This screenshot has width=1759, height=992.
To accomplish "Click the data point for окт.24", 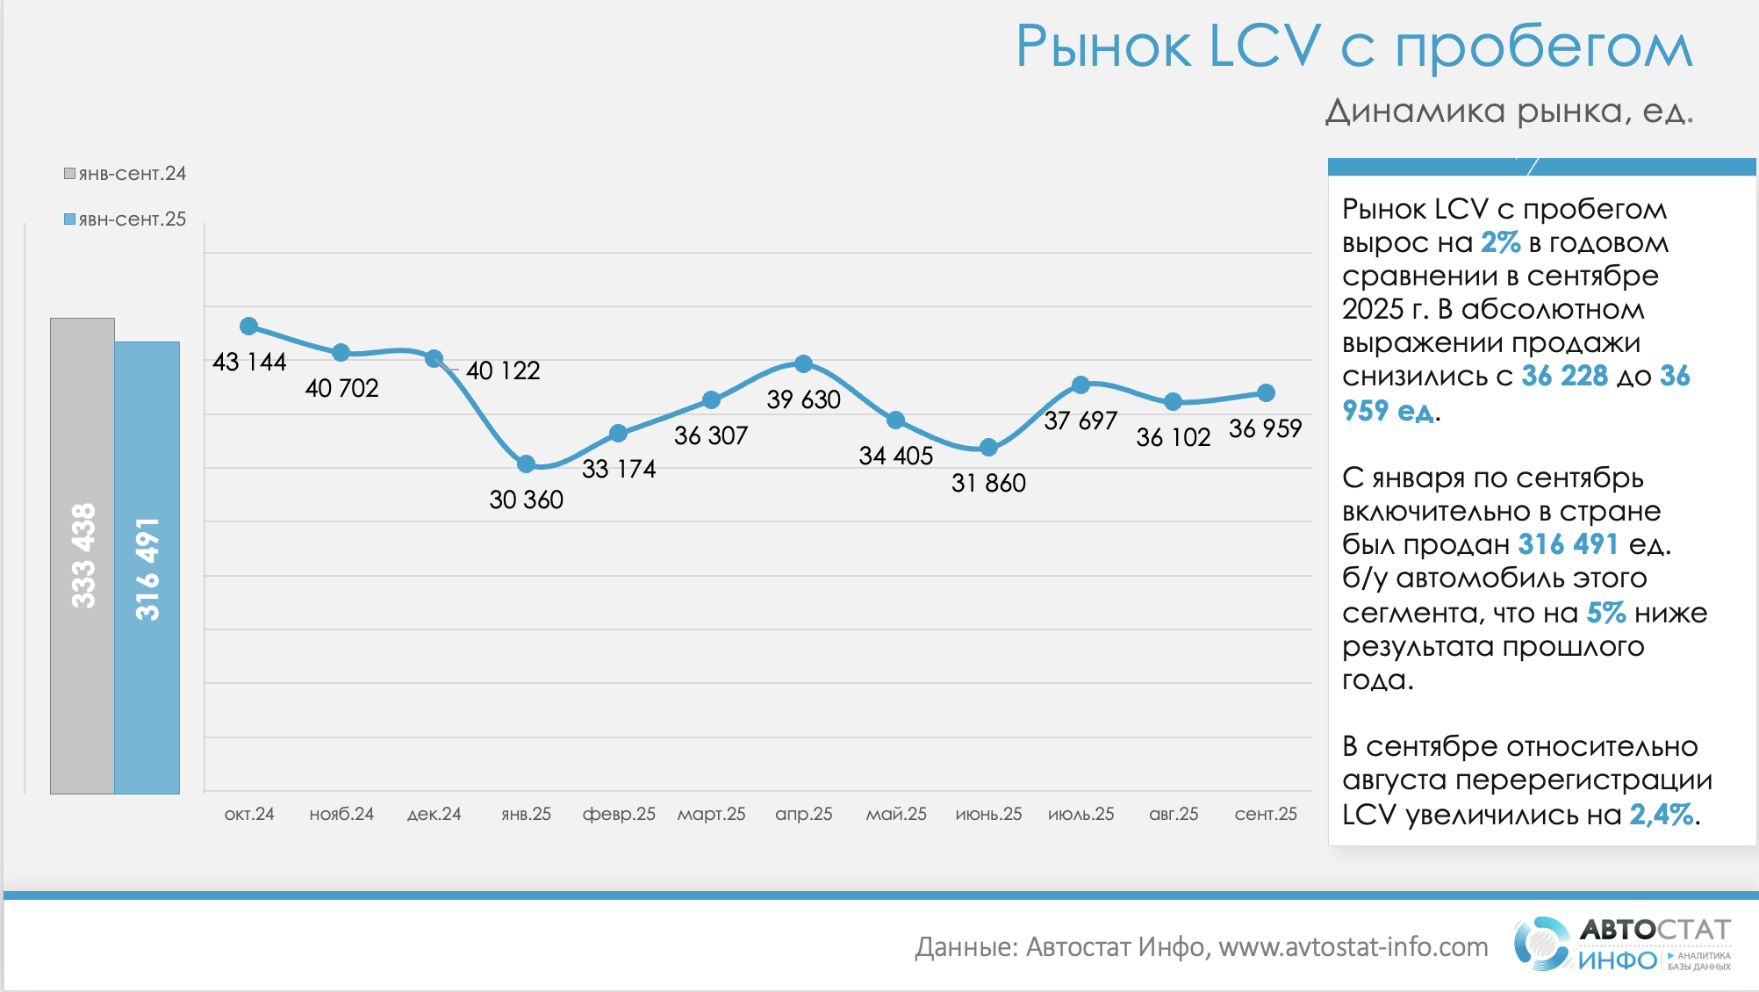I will click(x=249, y=327).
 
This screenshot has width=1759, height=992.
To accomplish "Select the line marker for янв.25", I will click(x=526, y=464).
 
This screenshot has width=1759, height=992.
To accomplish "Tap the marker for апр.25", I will click(x=803, y=363).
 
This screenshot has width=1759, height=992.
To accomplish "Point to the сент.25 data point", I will click(x=1266, y=392).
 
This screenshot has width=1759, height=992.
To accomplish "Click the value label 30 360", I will click(x=526, y=500).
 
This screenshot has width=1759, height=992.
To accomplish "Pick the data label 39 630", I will click(x=803, y=399).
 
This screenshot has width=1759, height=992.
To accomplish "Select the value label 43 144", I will click(x=249, y=362).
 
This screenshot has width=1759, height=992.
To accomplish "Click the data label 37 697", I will click(x=1081, y=421).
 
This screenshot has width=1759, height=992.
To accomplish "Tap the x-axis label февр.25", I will click(x=619, y=814).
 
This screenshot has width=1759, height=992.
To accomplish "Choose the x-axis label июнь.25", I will click(x=988, y=814).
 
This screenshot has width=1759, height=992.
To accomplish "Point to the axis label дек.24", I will click(x=434, y=814).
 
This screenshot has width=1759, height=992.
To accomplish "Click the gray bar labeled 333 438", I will click(x=83, y=556).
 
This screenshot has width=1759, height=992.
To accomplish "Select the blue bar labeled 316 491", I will click(x=147, y=568).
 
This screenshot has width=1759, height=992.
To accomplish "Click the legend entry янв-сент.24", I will click(x=126, y=174).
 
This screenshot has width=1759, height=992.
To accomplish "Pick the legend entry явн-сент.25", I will click(x=126, y=219).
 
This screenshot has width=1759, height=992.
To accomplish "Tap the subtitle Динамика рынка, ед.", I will click(x=1508, y=111).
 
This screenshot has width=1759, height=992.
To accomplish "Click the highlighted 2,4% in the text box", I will click(x=1661, y=815).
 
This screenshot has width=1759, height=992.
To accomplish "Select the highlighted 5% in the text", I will click(x=1605, y=613).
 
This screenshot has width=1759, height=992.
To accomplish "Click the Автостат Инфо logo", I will click(x=1622, y=944).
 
